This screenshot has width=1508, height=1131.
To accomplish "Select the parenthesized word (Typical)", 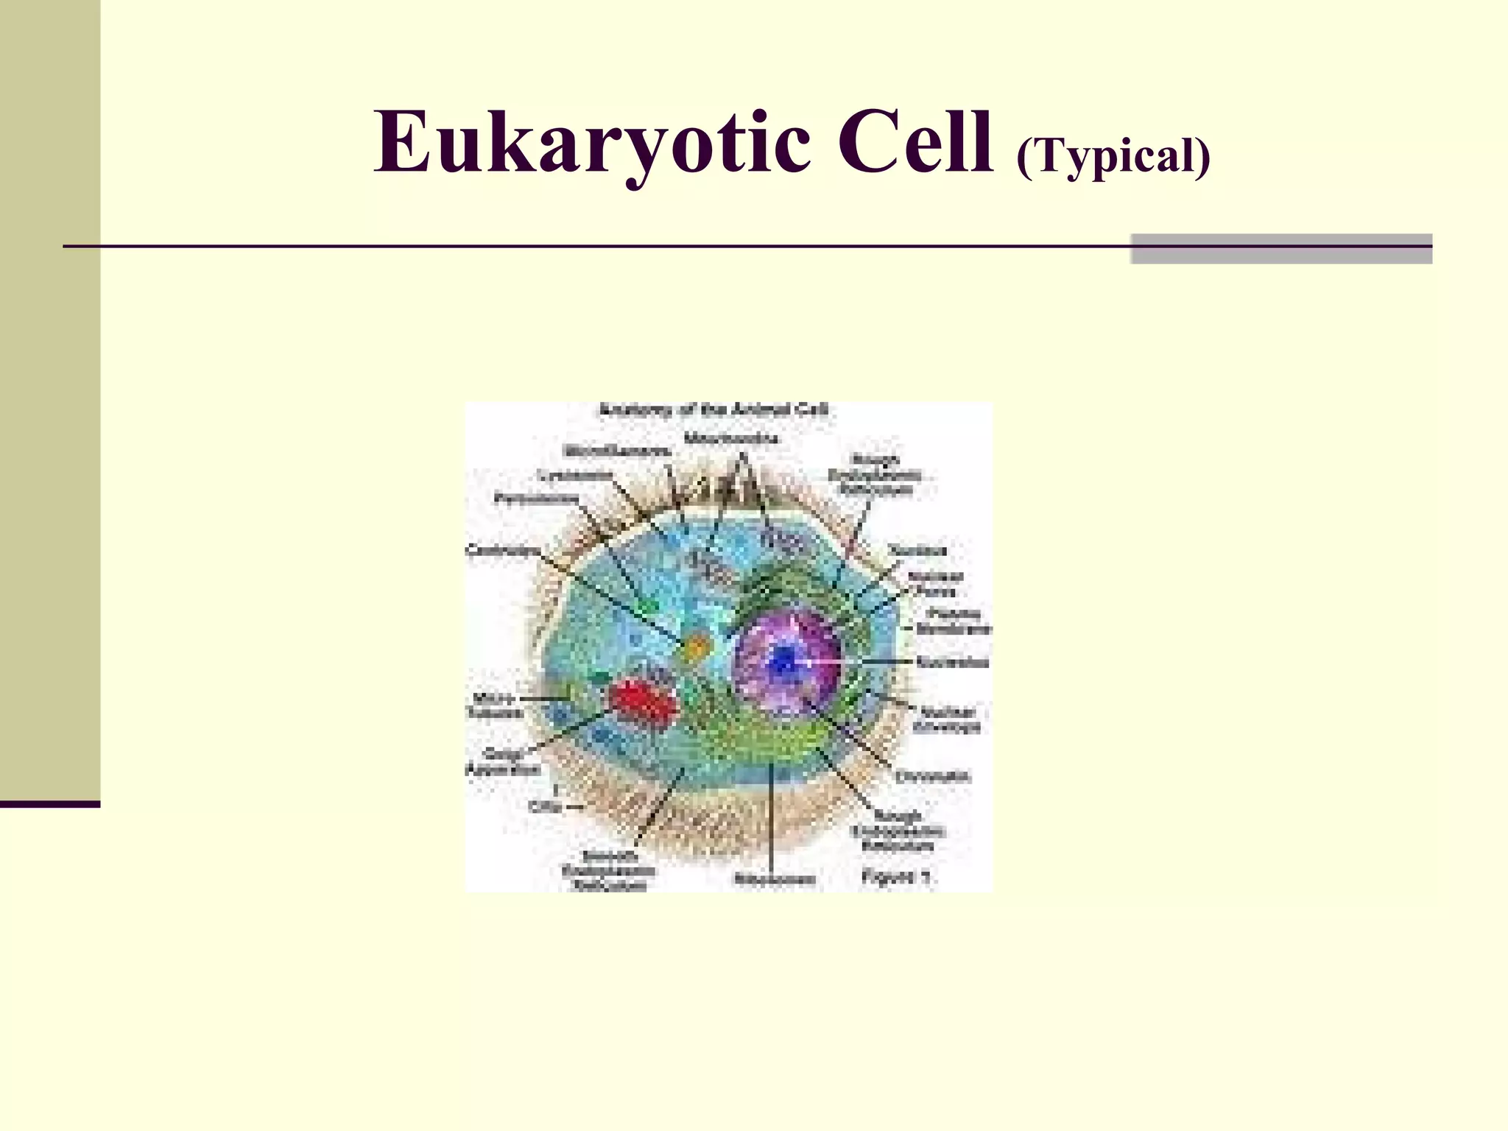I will click(x=1113, y=157).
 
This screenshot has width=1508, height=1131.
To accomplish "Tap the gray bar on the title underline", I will click(x=1280, y=249).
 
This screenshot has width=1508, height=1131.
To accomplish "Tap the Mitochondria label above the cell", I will click(x=730, y=439).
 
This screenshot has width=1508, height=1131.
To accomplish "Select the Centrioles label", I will click(x=504, y=550).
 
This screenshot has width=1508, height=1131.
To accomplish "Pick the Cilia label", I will click(x=546, y=806).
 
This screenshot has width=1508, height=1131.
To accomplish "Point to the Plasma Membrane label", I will click(x=954, y=621).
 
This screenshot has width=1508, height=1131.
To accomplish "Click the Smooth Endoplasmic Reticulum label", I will click(x=608, y=871).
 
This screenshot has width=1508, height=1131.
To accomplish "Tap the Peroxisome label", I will click(x=535, y=498).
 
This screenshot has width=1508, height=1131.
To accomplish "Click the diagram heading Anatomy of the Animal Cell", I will click(x=714, y=410).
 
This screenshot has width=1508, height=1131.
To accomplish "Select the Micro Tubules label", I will click(x=495, y=705).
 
